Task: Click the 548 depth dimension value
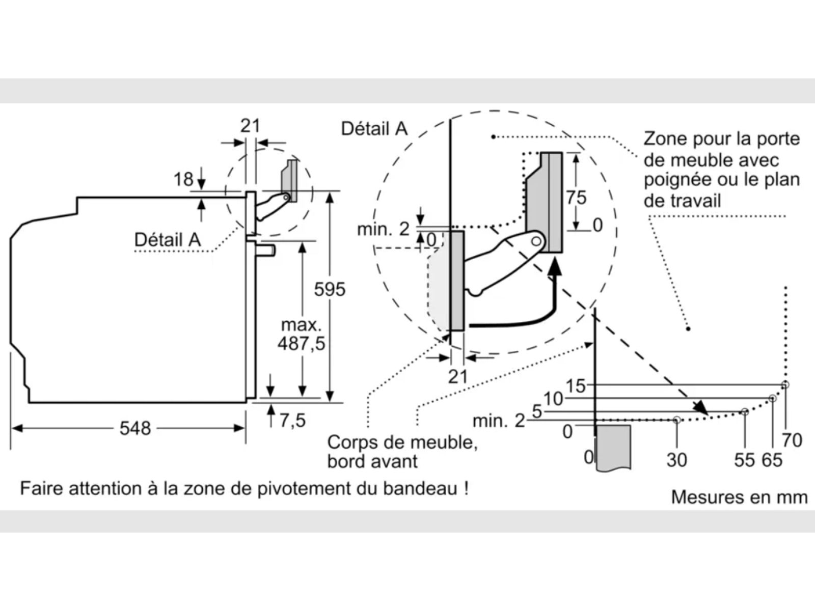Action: point(135,428)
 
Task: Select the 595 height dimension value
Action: point(330,289)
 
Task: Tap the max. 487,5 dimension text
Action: point(301,335)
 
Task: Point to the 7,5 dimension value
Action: point(292,420)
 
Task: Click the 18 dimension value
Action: point(183,179)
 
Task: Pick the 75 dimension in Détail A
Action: point(576,198)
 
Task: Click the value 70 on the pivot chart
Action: point(792,440)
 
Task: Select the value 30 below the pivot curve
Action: point(676,460)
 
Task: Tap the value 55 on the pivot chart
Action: point(744,460)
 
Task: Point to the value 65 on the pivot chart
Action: point(772,460)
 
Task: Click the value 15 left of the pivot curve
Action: point(576,386)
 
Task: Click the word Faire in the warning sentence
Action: point(41,489)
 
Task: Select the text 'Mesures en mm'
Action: point(739,497)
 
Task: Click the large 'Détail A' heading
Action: point(374,129)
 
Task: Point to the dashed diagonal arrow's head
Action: point(702,407)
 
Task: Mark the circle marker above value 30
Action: point(676,420)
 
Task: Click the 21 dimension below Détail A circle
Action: point(458,376)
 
